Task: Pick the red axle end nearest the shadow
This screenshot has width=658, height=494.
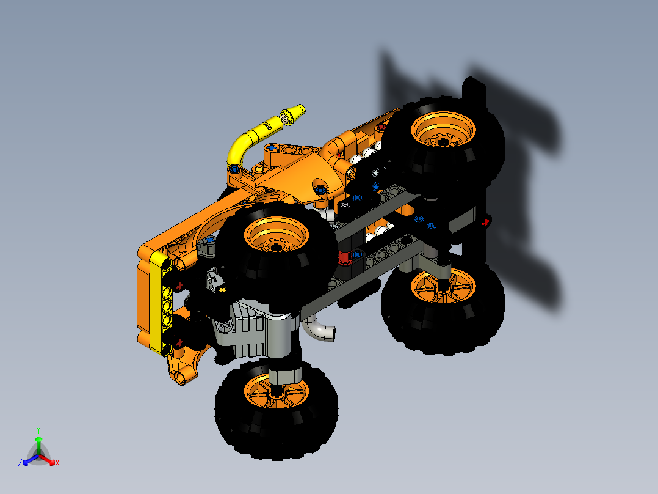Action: point(486,222)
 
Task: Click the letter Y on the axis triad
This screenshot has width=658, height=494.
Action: point(38,430)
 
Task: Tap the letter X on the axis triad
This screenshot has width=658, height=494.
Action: point(57,463)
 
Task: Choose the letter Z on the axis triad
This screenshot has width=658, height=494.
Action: point(20,463)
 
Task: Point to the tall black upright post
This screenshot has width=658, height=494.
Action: point(474,165)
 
